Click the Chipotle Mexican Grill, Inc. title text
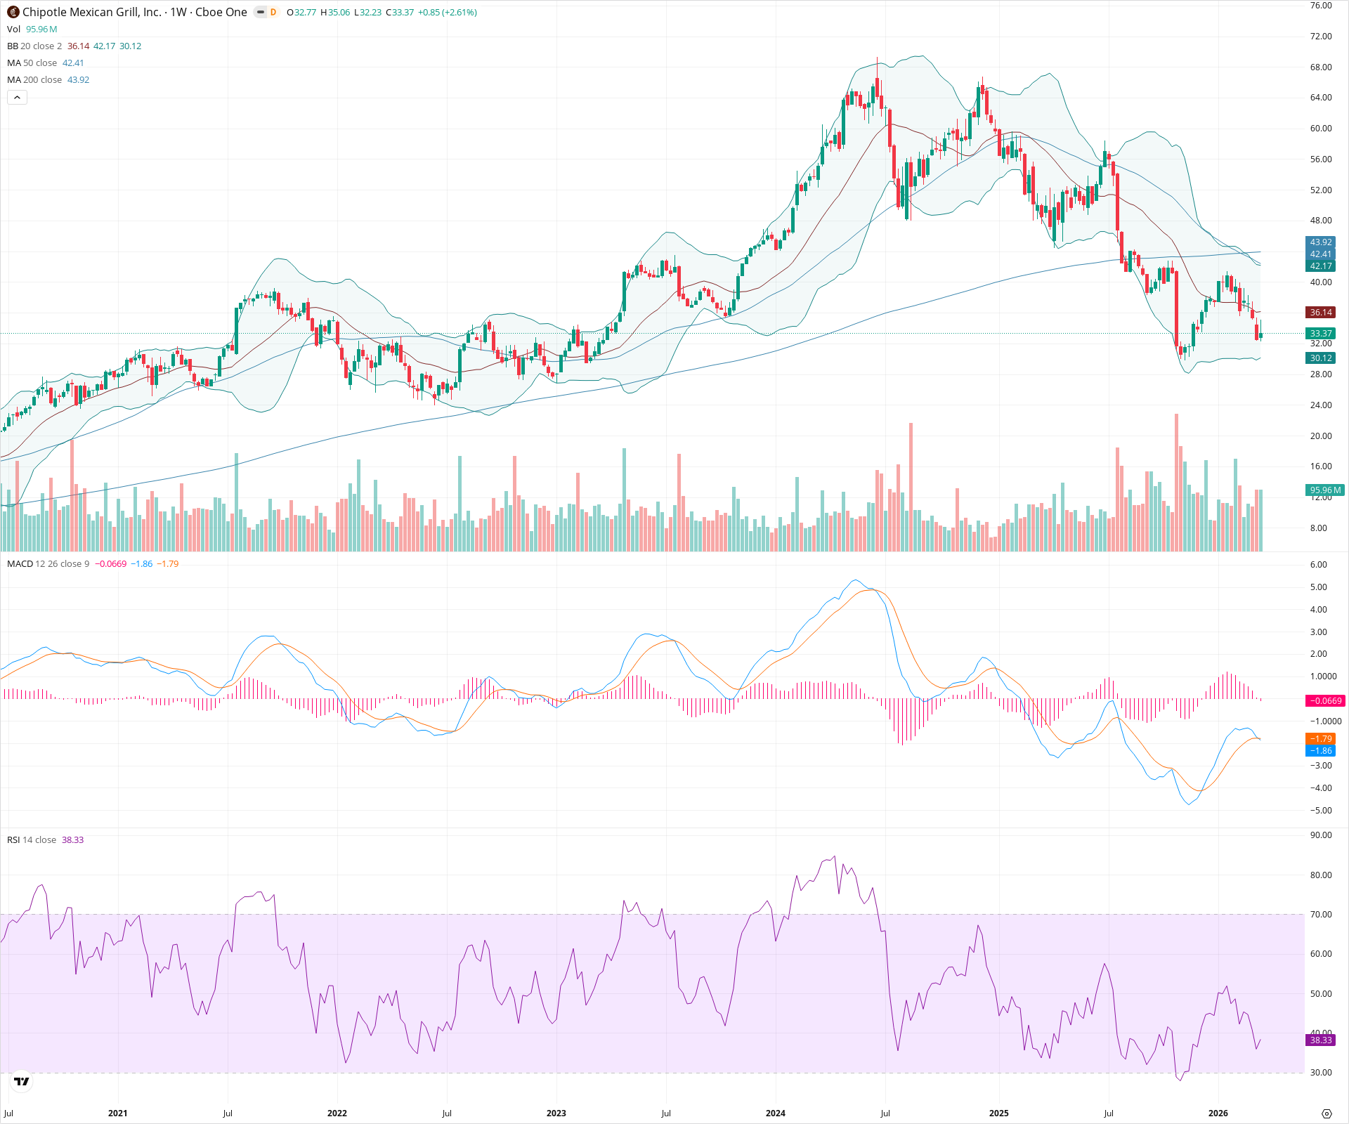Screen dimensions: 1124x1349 [91, 12]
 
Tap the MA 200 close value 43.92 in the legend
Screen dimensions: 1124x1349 [78, 80]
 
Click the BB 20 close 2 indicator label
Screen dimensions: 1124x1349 [34, 46]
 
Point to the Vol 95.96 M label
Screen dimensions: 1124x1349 [32, 30]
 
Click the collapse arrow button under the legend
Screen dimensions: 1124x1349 [17, 98]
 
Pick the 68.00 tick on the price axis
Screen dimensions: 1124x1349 [1320, 67]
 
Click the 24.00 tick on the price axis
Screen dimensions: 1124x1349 [1320, 405]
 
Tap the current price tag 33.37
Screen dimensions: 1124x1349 [1320, 334]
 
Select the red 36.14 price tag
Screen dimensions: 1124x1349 [1320, 313]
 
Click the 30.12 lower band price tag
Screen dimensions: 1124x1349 [1320, 358]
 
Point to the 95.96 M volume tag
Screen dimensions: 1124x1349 [1324, 490]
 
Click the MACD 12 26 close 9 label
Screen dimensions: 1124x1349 [48, 564]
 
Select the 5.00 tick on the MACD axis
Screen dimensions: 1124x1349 [1318, 587]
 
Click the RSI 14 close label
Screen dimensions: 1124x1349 [32, 840]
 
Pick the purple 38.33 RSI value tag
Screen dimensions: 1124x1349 [1320, 1040]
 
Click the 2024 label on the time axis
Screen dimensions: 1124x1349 [775, 1113]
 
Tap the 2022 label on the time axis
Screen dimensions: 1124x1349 [337, 1113]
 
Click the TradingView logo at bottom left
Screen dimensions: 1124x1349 [22, 1081]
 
